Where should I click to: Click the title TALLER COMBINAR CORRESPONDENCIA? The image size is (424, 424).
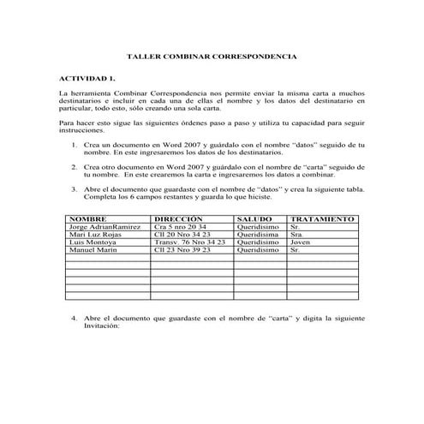(212, 56)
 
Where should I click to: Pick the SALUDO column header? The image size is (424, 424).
(254, 219)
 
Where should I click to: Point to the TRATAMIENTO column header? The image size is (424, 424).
(322, 219)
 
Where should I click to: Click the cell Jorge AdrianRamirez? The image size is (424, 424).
(104, 227)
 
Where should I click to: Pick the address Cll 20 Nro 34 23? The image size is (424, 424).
(182, 235)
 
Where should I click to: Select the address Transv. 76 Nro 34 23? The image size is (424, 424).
(189, 242)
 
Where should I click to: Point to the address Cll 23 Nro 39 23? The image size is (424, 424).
(182, 250)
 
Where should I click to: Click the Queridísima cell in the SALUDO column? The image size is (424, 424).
(258, 235)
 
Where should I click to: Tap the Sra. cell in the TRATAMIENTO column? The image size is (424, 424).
(297, 235)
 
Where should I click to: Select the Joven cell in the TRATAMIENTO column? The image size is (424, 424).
(300, 242)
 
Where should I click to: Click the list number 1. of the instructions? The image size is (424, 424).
(75, 146)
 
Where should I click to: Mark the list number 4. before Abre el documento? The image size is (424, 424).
(75, 318)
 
